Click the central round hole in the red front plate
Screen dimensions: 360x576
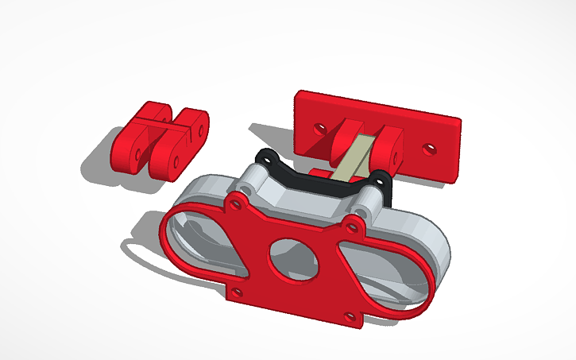[x=288, y=256]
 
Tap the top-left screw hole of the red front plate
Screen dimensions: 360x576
[x=236, y=202]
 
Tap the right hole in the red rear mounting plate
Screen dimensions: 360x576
[x=428, y=148]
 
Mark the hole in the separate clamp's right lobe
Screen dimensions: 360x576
[x=175, y=160]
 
